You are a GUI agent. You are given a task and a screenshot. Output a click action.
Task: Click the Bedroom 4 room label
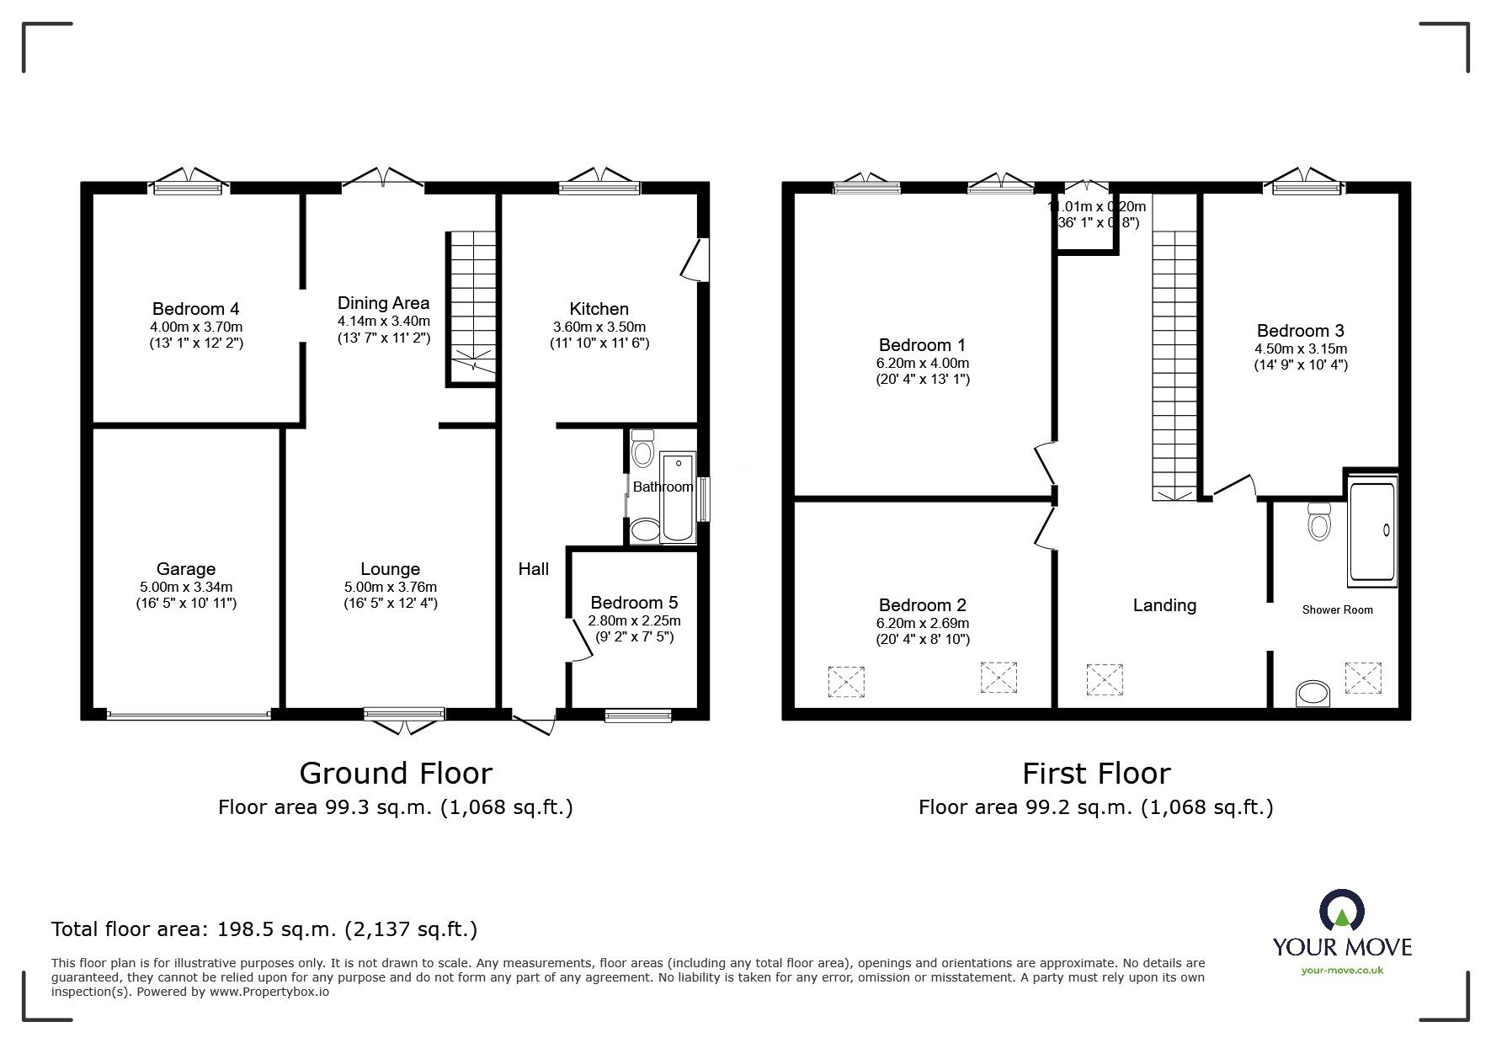pyautogui.click(x=195, y=309)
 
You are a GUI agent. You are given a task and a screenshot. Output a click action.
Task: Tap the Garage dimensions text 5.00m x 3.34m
pyautogui.click(x=186, y=587)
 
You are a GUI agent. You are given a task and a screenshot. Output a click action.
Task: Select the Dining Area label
pyautogui.click(x=383, y=303)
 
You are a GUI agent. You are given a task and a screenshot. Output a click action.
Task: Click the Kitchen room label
pyautogui.click(x=599, y=309)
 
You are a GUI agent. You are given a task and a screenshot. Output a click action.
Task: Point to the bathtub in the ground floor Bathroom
pyautogui.click(x=678, y=497)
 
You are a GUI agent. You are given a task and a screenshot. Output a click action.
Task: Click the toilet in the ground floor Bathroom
pyautogui.click(x=643, y=450)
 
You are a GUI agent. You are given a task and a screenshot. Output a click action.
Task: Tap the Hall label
pyautogui.click(x=533, y=569)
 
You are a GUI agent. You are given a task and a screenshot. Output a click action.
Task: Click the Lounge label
pyautogui.click(x=390, y=569)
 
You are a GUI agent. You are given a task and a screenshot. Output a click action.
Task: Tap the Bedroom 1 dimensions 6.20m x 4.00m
pyautogui.click(x=922, y=363)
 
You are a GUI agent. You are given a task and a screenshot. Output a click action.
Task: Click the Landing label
pyautogui.click(x=1164, y=605)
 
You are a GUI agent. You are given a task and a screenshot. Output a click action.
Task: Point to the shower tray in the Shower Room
pyautogui.click(x=1372, y=530)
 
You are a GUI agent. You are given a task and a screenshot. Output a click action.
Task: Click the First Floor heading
pyautogui.click(x=1096, y=773)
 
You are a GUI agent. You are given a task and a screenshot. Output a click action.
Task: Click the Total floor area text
pyautogui.click(x=264, y=929)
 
